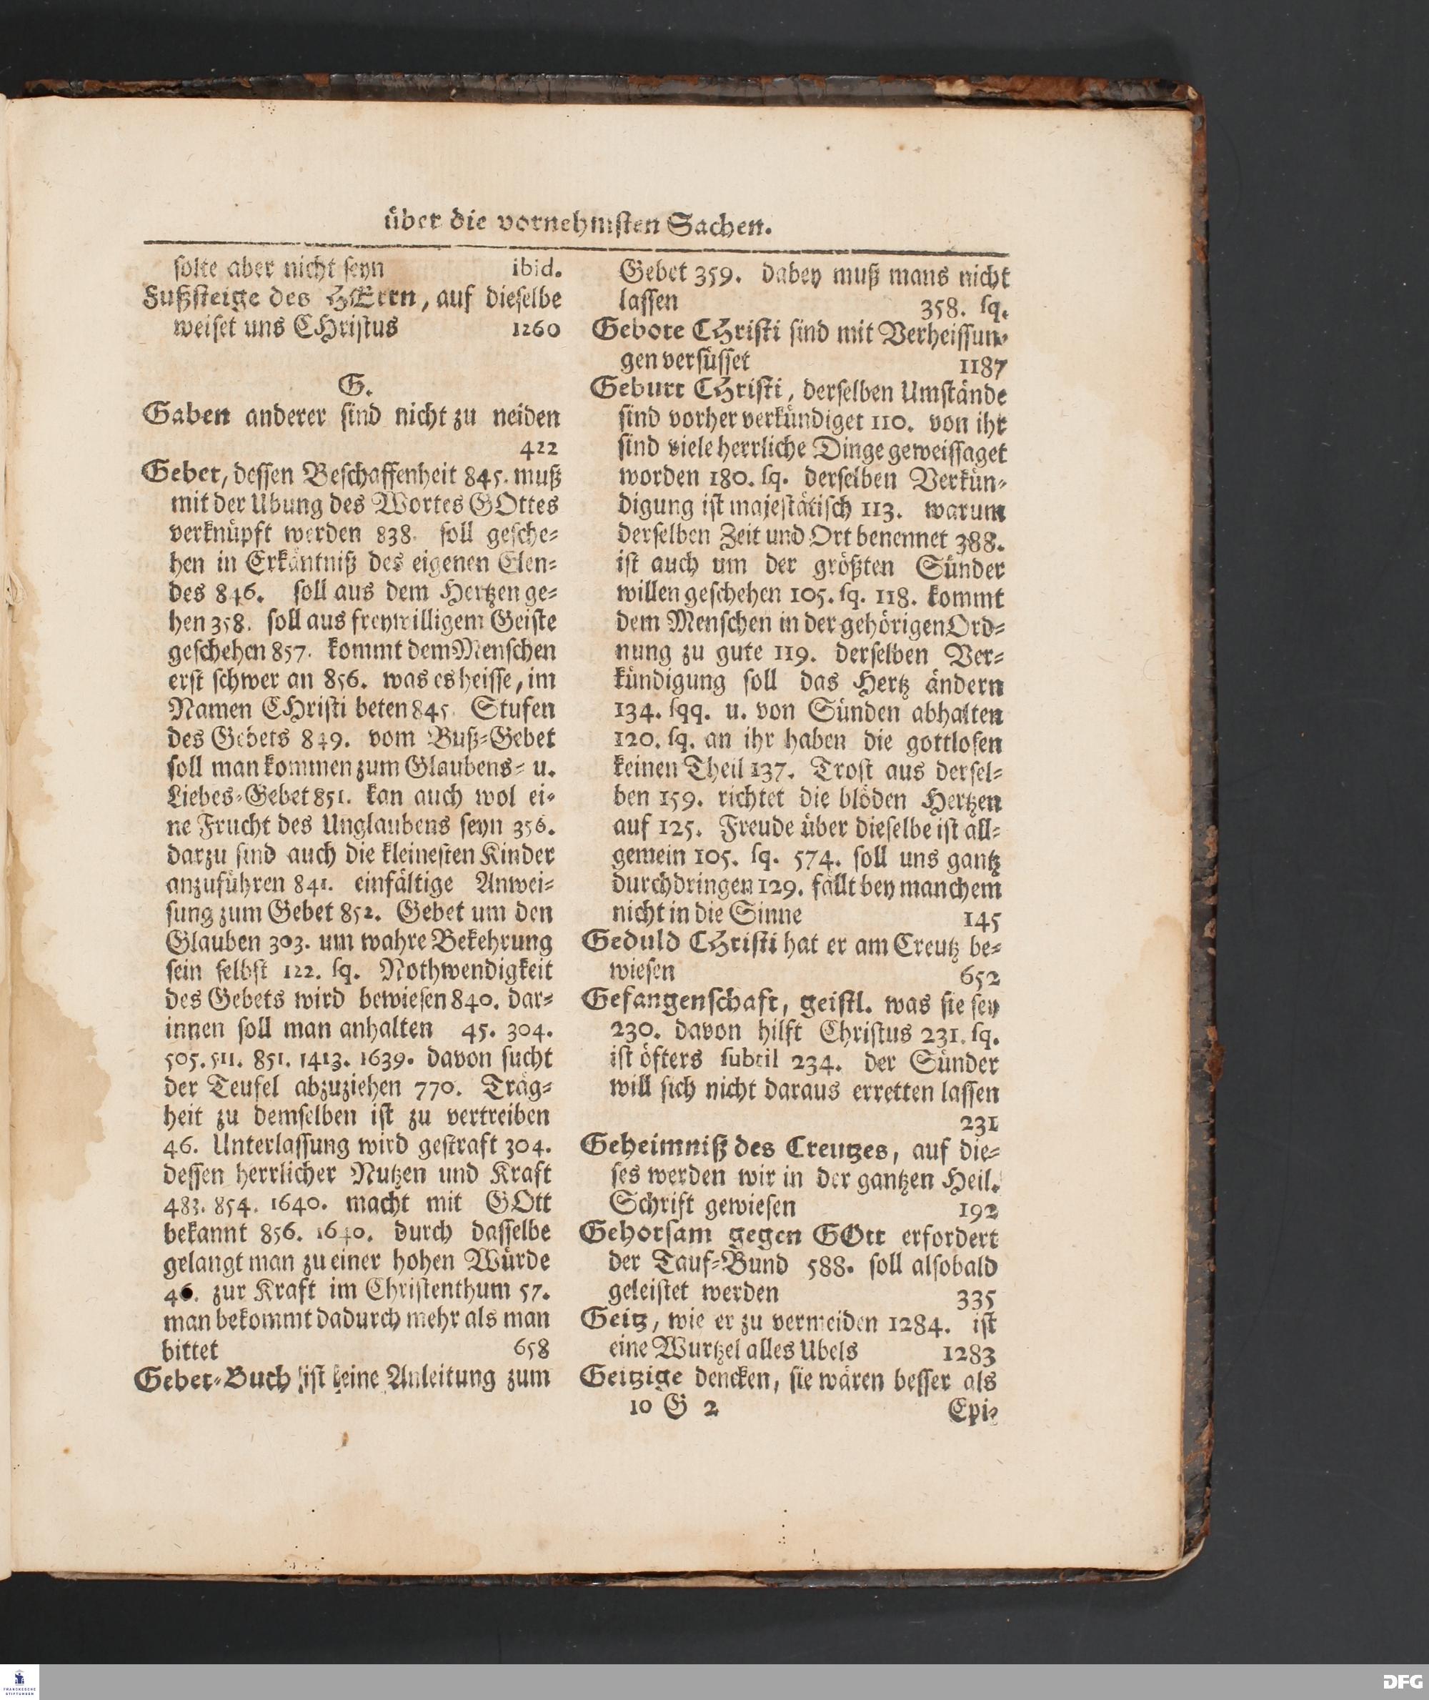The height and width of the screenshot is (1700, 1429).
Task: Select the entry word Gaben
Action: coord(183,416)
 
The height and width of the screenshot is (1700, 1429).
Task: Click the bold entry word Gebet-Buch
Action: coord(213,1378)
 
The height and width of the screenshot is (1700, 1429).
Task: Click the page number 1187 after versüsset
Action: coord(981,368)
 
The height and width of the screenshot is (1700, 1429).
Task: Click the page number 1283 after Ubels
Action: coord(969,1353)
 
